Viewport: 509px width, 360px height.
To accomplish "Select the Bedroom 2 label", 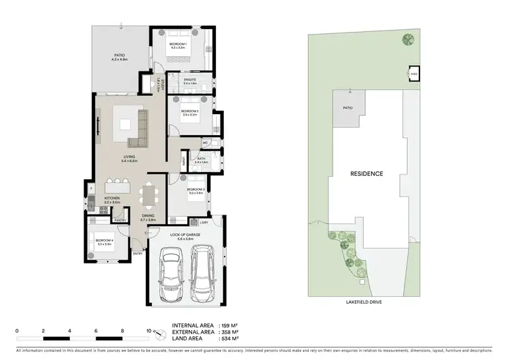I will click(x=189, y=113).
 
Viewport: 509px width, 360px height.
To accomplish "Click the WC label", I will click(x=204, y=143).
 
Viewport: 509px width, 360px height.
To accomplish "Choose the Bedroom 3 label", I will click(x=195, y=191).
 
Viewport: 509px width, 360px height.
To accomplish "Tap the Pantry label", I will click(x=121, y=221).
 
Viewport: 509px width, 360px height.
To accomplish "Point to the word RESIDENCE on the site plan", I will click(x=366, y=174).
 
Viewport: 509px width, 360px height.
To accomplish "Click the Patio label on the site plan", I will click(x=347, y=107).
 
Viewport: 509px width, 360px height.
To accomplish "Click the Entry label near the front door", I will click(x=138, y=254).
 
